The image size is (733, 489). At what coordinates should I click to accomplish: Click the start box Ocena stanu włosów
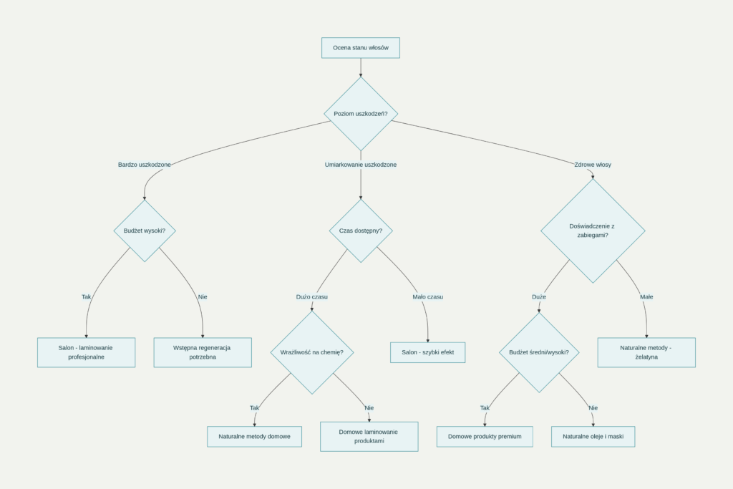coord(361,48)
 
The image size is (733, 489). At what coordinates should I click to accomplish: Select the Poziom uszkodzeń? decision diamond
coord(361,114)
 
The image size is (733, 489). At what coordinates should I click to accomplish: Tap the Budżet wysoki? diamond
coord(145,231)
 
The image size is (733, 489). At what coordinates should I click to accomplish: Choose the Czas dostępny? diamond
coord(361,231)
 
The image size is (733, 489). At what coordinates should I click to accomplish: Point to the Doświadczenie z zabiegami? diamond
coord(593,231)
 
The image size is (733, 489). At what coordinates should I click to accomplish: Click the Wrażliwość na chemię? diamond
coord(312,352)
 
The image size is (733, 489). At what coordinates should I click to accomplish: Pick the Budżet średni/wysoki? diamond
coord(539,352)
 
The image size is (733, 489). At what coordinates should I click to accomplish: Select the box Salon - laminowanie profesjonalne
coord(86,352)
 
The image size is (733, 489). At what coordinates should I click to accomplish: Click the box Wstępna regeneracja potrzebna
coord(203,352)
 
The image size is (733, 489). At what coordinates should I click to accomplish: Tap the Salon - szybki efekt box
coord(428,352)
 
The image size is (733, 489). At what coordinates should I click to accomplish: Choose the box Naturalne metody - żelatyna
coord(646,352)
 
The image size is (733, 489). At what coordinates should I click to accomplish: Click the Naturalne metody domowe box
coord(255,437)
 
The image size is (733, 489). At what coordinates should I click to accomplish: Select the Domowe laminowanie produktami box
coord(369,437)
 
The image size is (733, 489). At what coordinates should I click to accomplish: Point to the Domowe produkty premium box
coord(485,437)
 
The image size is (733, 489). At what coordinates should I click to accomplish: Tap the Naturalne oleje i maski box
coord(593,437)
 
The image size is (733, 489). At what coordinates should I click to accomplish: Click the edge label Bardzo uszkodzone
coord(145,165)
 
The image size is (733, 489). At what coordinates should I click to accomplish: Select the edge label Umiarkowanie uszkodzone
coord(361,165)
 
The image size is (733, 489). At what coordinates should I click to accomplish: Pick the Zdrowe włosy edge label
coord(593,165)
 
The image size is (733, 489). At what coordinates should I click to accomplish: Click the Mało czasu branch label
coord(428,296)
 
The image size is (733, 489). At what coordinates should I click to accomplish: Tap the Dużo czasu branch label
coord(312,296)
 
